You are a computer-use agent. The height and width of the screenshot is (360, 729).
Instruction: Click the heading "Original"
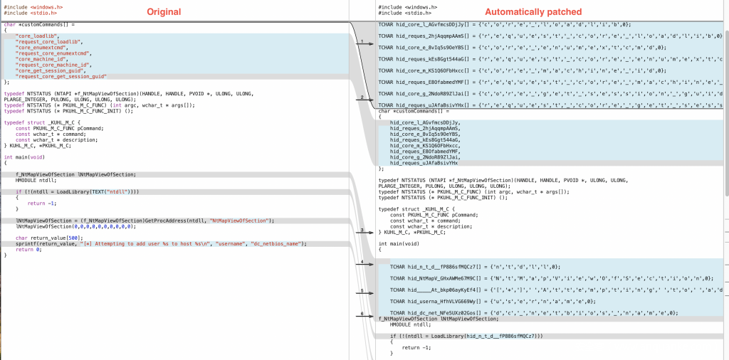[164, 11]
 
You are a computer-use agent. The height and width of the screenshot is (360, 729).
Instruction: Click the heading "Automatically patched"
[533, 11]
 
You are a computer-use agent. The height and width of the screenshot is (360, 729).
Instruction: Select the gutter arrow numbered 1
[362, 42]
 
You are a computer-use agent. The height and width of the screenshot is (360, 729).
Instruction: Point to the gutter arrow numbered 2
[362, 97]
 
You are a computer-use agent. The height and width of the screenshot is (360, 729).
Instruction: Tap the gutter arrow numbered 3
[362, 231]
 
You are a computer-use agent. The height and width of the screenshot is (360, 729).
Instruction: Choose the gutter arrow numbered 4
[362, 263]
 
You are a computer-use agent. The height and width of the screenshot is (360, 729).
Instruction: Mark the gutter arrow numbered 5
[362, 292]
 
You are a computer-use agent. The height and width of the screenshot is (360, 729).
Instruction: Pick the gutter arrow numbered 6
[362, 314]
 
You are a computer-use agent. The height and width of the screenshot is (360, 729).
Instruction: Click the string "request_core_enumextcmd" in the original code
[47, 52]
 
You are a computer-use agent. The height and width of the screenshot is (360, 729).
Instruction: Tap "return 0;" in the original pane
[28, 250]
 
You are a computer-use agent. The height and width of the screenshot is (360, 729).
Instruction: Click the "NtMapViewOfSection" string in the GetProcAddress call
[238, 221]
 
